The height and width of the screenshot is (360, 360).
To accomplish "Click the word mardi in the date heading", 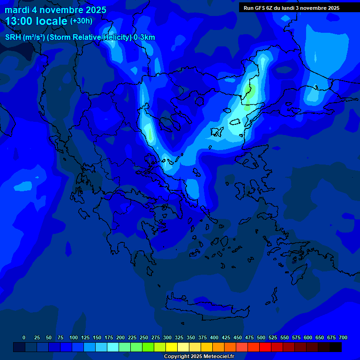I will point(17,10).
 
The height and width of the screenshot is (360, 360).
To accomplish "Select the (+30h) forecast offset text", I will point(81,21).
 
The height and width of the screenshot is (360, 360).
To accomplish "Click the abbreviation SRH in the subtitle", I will point(13,37).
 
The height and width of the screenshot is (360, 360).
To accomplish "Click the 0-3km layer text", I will point(144,37).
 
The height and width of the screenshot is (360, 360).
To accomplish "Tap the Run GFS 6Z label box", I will point(292,8).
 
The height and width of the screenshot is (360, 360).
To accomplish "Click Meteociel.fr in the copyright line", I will point(217,356).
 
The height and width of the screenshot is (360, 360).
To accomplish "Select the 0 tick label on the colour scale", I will point(24,337).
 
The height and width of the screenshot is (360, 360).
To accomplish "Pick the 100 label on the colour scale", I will point(74,337).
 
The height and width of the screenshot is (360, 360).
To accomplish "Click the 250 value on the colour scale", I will point(144,337).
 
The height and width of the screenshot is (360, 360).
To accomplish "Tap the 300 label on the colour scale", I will point(167,337).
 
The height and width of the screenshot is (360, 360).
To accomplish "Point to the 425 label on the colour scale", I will point(226,337).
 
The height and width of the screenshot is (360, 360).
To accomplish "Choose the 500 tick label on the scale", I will point(261,337).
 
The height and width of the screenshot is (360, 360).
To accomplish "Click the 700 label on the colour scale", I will point(343,337).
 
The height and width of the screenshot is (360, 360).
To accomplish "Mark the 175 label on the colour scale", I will point(109,337).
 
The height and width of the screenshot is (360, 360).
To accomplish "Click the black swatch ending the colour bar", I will point(336,347).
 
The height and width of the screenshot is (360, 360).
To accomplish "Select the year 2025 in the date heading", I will point(93,10).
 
